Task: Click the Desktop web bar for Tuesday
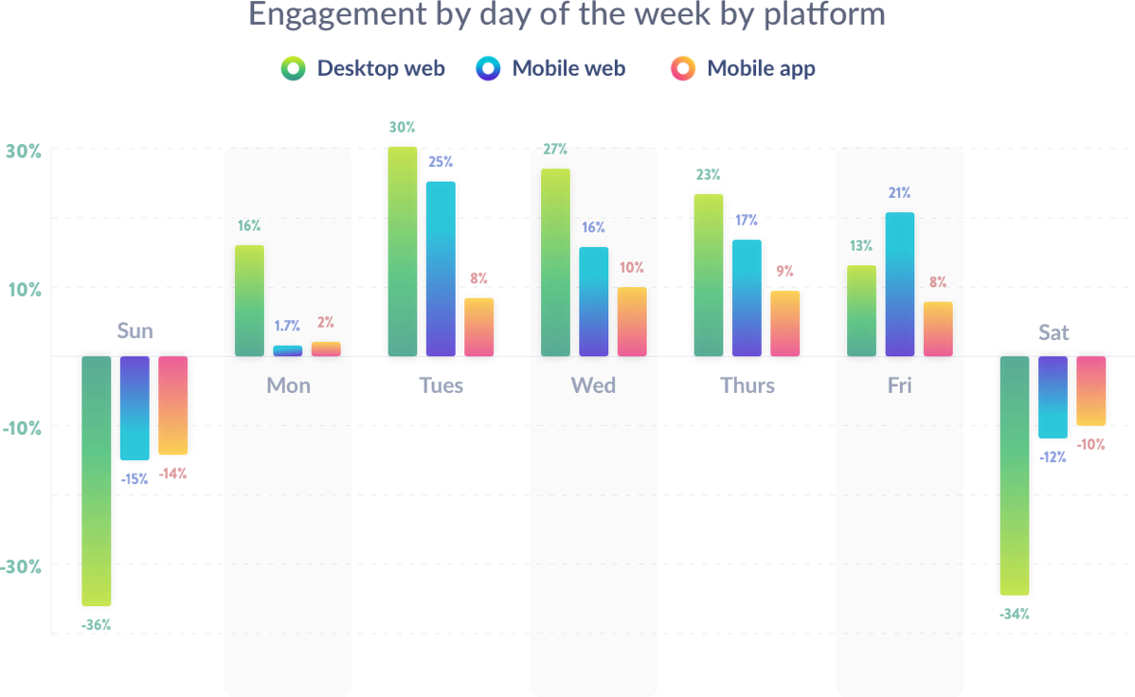point(403,251)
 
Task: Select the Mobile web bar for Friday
point(900,284)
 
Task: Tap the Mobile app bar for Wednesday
point(632,322)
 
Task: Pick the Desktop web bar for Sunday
point(97,481)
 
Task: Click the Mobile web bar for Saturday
point(1054,398)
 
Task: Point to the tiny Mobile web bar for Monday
point(288,350)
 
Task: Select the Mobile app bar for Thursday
point(784,324)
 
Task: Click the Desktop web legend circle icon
point(294,68)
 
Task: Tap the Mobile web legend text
point(568,68)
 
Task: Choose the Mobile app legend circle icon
point(682,68)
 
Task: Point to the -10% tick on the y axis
point(22,428)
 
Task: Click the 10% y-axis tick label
point(26,289)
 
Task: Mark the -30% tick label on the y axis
point(22,567)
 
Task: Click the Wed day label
point(593,385)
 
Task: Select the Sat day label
point(1054,332)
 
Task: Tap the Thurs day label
point(748,385)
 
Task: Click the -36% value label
point(97,625)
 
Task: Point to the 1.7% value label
point(287,326)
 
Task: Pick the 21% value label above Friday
point(899,193)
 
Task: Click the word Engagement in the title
point(322,15)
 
